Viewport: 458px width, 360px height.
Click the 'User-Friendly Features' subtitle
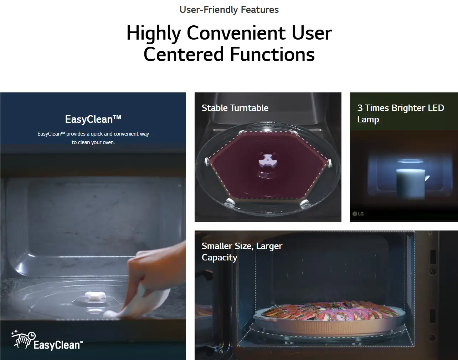click(229, 10)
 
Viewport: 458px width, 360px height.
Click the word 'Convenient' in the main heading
click(236, 33)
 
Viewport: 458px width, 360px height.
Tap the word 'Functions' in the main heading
click(272, 54)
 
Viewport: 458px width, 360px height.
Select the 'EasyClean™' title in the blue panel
click(93, 119)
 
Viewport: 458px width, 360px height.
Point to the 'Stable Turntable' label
click(235, 108)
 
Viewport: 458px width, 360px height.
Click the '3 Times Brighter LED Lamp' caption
click(401, 113)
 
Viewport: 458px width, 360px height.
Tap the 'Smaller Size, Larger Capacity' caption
click(242, 252)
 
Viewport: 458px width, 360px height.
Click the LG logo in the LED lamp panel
click(358, 214)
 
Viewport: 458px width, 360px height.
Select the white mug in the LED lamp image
click(411, 183)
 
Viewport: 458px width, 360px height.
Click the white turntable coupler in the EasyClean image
click(95, 296)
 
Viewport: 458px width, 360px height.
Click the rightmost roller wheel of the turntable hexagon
click(330, 163)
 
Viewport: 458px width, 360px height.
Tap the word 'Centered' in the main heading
click(183, 54)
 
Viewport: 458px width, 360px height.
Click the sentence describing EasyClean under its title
click(93, 138)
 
